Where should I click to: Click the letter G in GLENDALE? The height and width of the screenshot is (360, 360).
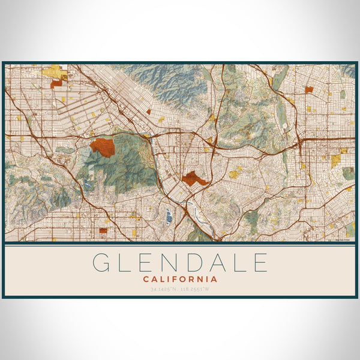pyautogui.click(x=101, y=263)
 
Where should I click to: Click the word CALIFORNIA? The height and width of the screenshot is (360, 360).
pyautogui.click(x=180, y=278)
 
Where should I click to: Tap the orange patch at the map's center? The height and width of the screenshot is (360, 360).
pyautogui.click(x=194, y=178)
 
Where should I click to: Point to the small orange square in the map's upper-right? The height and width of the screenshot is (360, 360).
pyautogui.click(x=309, y=89)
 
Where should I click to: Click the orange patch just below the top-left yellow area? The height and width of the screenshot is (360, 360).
pyautogui.click(x=56, y=85)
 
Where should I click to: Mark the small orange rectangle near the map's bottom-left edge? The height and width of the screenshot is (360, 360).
pyautogui.click(x=103, y=230)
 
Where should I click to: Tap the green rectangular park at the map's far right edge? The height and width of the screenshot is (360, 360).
pyautogui.click(x=348, y=173)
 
